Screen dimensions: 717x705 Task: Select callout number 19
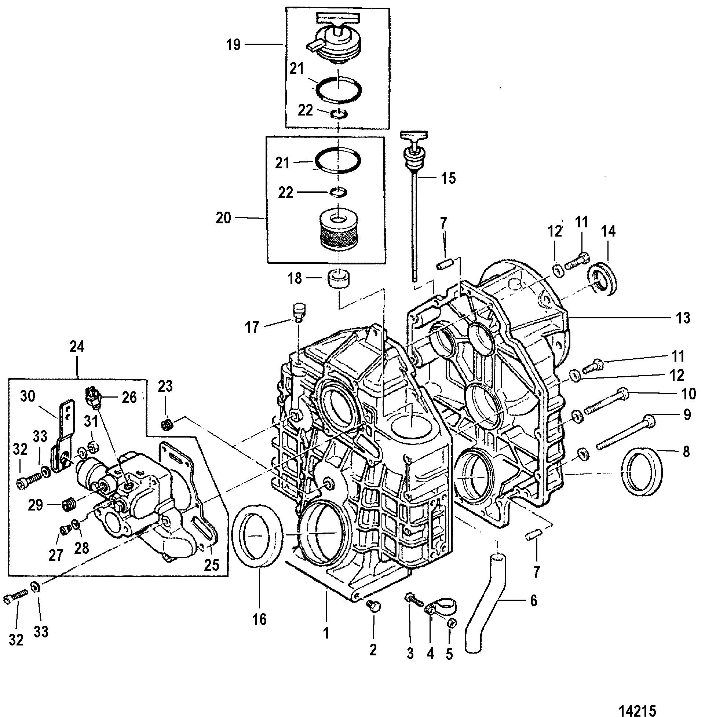(x=234, y=45)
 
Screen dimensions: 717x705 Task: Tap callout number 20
(x=224, y=218)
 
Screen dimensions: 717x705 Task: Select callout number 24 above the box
(x=77, y=347)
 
